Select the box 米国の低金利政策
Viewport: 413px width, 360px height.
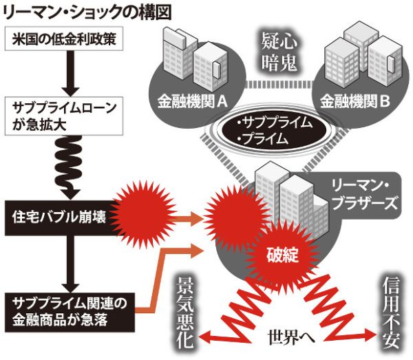[64, 39]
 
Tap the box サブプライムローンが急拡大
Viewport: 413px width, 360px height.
[64, 116]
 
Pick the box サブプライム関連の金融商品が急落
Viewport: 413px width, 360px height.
[70, 312]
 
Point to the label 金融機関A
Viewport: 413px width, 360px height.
[192, 101]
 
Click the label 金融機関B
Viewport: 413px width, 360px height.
[355, 101]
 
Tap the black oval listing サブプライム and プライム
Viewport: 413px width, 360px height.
[274, 131]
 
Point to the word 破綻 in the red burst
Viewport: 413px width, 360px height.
[282, 255]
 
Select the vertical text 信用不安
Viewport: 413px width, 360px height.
[391, 313]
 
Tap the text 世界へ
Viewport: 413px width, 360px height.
[291, 337]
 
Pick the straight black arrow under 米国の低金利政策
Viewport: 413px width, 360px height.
[71, 74]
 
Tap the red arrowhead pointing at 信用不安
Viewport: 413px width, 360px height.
[371, 335]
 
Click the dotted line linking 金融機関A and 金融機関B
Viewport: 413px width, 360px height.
[279, 84]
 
